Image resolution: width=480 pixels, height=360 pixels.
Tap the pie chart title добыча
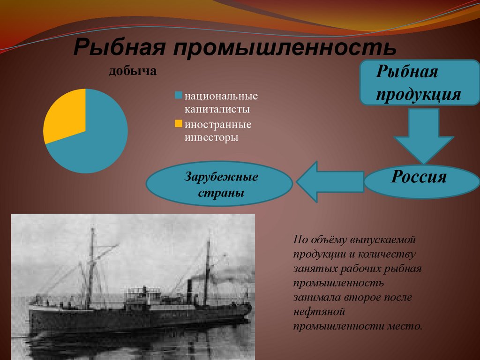click(x=133, y=72)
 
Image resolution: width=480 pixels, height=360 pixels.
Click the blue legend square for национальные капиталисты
click(x=178, y=96)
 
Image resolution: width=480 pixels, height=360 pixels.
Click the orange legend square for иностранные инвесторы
click(x=178, y=124)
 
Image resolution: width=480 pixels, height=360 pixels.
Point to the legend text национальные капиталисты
click(x=220, y=103)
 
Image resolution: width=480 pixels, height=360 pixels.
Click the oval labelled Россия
click(x=419, y=178)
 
